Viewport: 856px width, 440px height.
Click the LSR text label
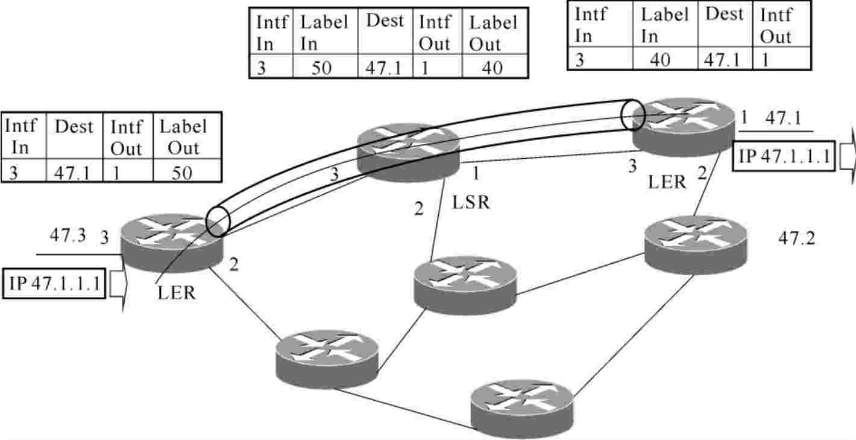click(471, 202)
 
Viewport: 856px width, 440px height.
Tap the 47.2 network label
click(796, 238)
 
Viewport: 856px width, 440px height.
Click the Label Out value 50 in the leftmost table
click(181, 173)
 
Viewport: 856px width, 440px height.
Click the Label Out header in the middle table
click(493, 34)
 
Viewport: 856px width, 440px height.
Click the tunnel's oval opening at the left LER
click(218, 221)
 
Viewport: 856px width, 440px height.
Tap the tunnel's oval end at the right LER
click(632, 115)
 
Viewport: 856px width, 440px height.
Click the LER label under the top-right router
click(667, 182)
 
